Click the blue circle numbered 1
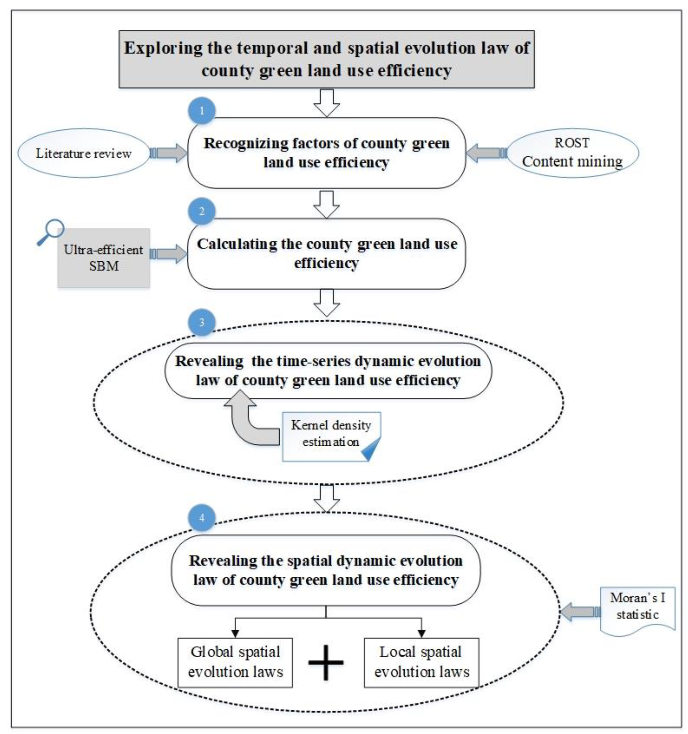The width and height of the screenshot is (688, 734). pyautogui.click(x=202, y=111)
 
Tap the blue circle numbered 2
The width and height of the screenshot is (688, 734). pyautogui.click(x=202, y=211)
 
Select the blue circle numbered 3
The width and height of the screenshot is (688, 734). pyautogui.click(x=202, y=322)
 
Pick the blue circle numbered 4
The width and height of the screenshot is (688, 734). pyautogui.click(x=202, y=518)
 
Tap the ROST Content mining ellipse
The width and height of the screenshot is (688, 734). pyautogui.click(x=572, y=153)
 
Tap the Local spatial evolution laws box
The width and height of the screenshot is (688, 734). pyautogui.click(x=421, y=663)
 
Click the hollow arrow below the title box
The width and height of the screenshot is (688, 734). pyautogui.click(x=326, y=103)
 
